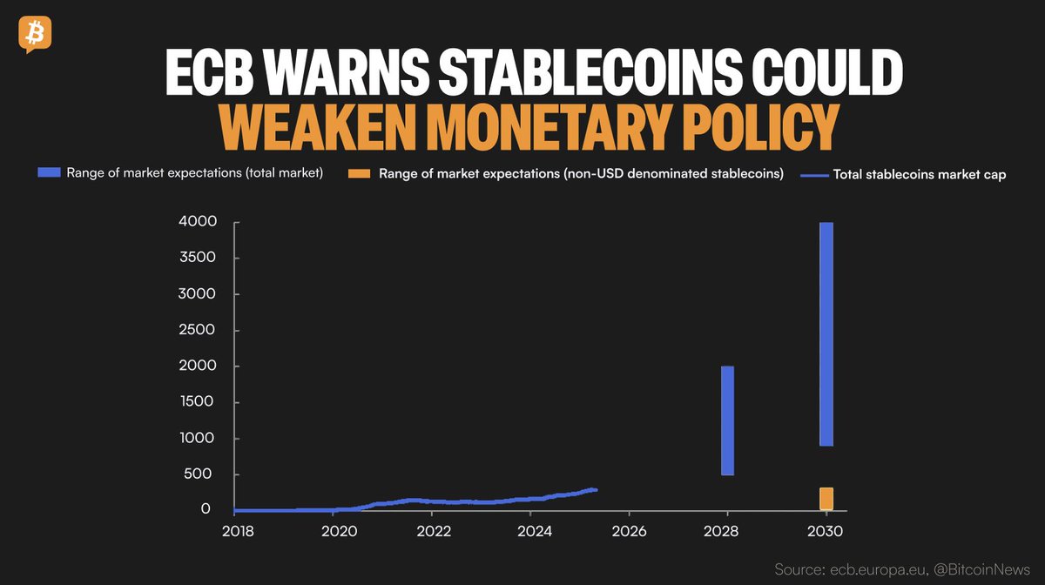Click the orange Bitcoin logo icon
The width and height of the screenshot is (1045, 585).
coord(34,34)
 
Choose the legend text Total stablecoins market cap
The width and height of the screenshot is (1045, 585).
coord(920,174)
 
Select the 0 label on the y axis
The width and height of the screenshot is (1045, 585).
coord(206,510)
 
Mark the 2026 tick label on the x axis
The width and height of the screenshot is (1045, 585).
coord(629,530)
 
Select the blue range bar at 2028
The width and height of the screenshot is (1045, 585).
coord(727,420)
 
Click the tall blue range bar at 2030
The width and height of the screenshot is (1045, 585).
coord(826,333)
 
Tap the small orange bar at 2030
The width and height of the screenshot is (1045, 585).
coord(826,499)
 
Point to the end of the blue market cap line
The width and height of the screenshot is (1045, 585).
coord(597,490)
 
